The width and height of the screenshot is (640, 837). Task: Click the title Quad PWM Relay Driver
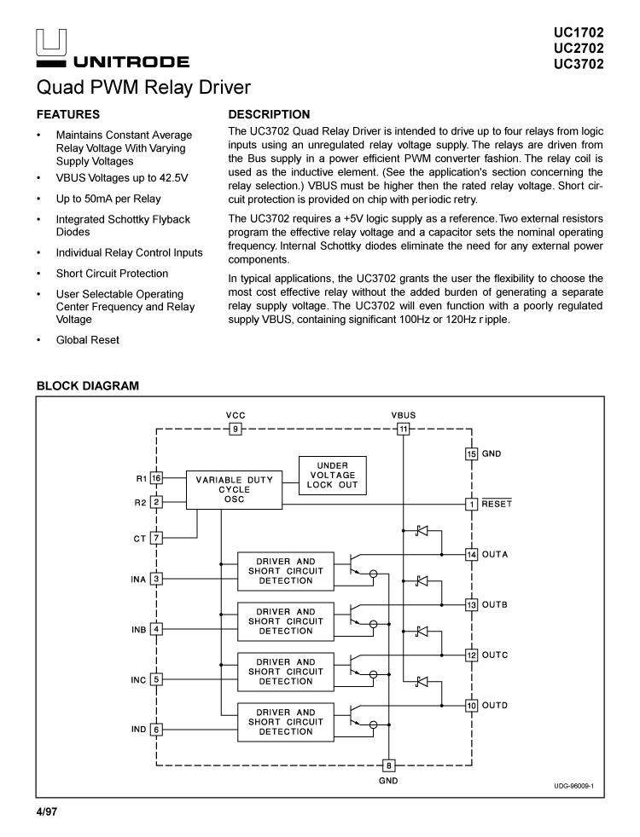pos(143,88)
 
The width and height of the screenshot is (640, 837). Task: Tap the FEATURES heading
pos(68,114)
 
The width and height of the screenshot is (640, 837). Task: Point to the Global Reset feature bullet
pos(88,340)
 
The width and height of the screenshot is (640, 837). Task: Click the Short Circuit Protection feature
pos(112,274)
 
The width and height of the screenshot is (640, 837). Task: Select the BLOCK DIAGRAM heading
pos(87,386)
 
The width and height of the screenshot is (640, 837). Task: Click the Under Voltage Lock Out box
pos(332,475)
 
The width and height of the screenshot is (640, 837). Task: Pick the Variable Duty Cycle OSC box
pos(234,490)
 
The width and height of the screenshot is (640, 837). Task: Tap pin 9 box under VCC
pos(236,429)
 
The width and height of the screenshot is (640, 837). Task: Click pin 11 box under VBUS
pos(404,429)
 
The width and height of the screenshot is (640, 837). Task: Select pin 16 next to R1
pos(156,478)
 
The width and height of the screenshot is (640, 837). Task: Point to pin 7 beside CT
pos(156,538)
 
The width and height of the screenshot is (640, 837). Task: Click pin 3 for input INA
pos(156,580)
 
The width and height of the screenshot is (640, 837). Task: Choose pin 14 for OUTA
pos(471,555)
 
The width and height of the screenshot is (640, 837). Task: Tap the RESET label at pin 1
pos(497,504)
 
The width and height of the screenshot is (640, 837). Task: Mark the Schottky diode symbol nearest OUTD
pos(421,681)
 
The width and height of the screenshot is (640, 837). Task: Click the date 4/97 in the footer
pos(46,811)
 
